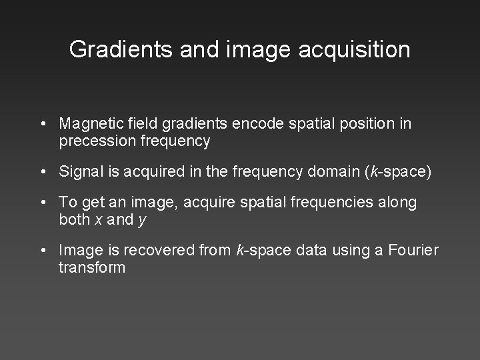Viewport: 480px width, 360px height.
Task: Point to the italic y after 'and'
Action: (142, 221)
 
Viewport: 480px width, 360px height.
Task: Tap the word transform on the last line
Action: (91, 267)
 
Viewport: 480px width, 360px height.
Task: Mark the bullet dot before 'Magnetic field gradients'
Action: (42, 125)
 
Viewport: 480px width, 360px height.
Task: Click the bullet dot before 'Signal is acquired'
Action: (42, 173)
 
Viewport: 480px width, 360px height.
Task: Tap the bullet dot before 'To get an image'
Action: (42, 203)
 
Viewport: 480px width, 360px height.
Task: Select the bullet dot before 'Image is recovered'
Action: (42, 251)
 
